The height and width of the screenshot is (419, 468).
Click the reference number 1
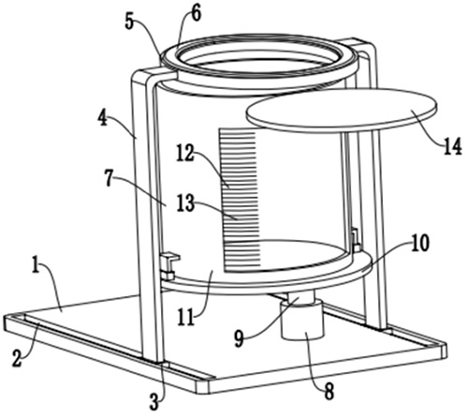tap(37, 268)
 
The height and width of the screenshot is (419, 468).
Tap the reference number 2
tap(18, 360)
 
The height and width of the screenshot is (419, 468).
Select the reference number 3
tap(154, 402)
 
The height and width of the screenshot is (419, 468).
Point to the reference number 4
tap(102, 120)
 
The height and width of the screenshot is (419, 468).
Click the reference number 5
tap(131, 22)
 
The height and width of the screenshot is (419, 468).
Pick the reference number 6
tap(196, 13)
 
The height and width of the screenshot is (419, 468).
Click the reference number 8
tap(329, 391)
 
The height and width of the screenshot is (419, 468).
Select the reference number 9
tap(239, 339)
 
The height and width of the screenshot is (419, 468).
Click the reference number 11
tap(186, 319)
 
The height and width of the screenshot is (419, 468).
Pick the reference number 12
tap(186, 153)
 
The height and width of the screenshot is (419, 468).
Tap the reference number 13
tap(185, 202)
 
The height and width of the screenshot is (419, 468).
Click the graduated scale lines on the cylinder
tap(241, 200)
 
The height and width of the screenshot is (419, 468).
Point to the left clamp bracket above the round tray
tap(169, 266)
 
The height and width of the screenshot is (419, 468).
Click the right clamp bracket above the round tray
tap(355, 239)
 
